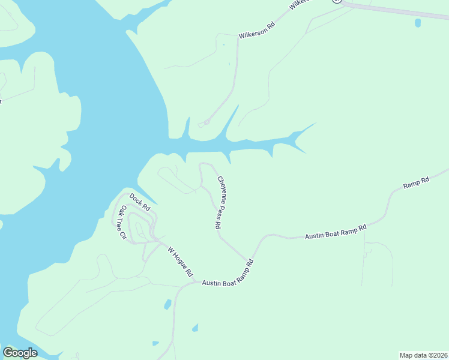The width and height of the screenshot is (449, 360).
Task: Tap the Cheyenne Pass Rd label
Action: click(220, 202)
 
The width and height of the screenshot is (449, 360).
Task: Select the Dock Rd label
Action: click(139, 202)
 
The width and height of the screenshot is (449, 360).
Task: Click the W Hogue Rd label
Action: click(180, 262)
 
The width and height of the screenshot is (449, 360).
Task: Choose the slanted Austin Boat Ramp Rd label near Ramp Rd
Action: click(336, 232)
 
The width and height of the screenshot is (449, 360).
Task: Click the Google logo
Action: click(20, 353)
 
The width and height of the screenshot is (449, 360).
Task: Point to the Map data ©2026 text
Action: click(423, 355)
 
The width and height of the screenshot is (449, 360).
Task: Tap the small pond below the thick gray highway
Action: click(418, 23)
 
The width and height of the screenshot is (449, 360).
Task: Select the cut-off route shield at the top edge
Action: click(337, 2)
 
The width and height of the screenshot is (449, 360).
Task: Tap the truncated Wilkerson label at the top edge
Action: click(299, 4)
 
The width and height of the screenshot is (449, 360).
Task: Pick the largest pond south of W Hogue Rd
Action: click(168, 304)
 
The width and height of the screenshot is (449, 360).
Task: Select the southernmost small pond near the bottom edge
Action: click(155, 343)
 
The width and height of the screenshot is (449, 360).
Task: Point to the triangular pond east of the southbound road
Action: click(194, 328)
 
